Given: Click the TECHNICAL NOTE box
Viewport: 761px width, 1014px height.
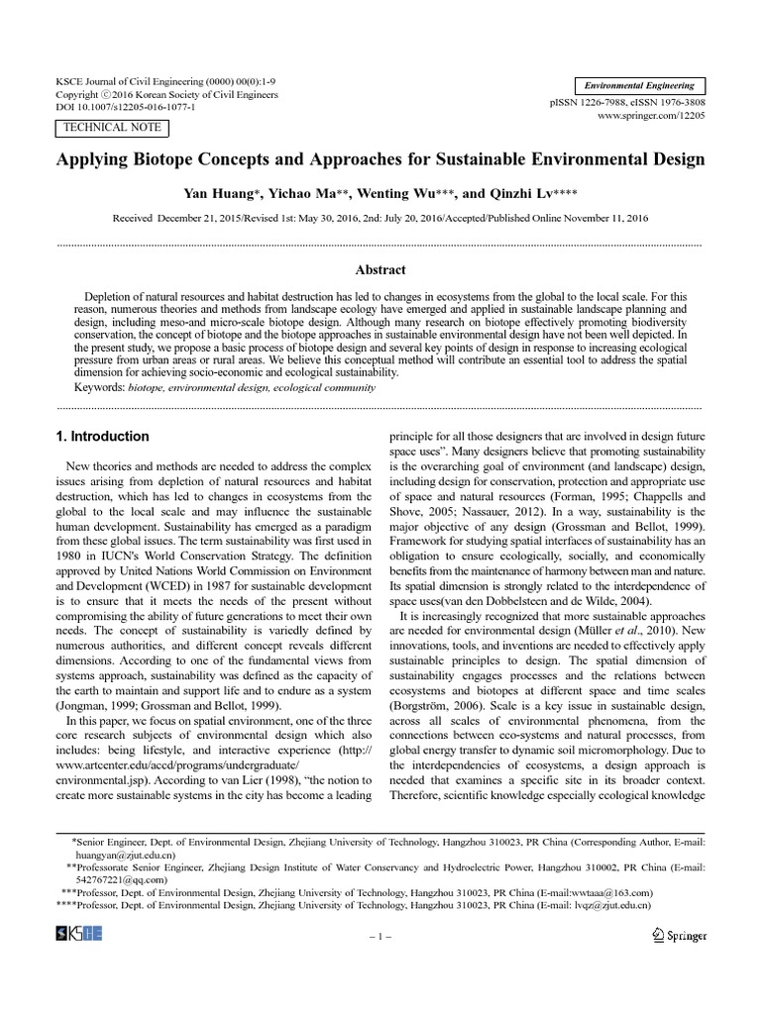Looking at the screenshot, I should tap(109, 128).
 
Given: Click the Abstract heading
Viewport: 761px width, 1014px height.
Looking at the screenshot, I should tap(380, 269).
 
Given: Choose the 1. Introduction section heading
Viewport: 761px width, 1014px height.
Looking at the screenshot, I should tap(103, 437).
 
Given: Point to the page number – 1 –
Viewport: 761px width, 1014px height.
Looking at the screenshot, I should tap(380, 936).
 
